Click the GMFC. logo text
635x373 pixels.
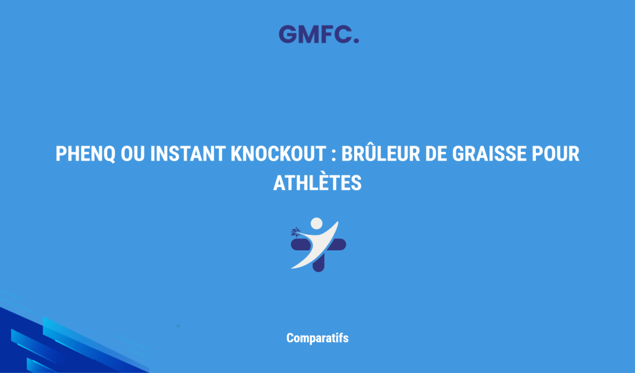318,34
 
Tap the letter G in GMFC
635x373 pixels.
287,34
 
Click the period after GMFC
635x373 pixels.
355,40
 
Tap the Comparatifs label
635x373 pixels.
317,338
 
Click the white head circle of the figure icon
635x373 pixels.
316,224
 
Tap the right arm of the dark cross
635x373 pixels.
338,244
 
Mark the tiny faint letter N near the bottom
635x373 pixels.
177,324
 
